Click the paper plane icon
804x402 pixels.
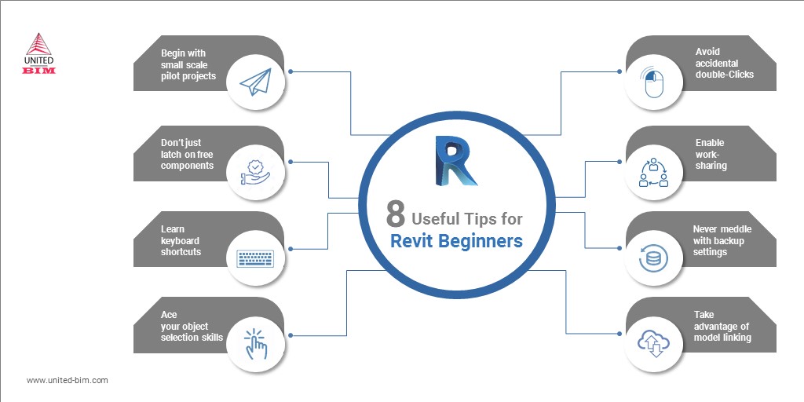coord(255,82)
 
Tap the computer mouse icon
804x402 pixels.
coord(652,84)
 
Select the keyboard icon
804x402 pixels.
coord(255,258)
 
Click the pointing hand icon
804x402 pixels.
coord(255,344)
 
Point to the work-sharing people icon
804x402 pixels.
coord(652,172)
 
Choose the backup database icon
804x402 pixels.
coord(652,258)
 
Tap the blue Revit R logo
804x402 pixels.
coord(455,160)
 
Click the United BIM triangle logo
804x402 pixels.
coord(39,44)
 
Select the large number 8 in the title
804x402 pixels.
coord(396,214)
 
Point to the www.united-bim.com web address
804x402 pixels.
coord(68,381)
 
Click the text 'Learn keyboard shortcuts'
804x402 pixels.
coord(181,240)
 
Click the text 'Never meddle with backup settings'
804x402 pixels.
coord(722,240)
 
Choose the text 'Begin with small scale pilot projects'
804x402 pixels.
coord(188,64)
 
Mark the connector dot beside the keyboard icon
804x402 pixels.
coord(291,249)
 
